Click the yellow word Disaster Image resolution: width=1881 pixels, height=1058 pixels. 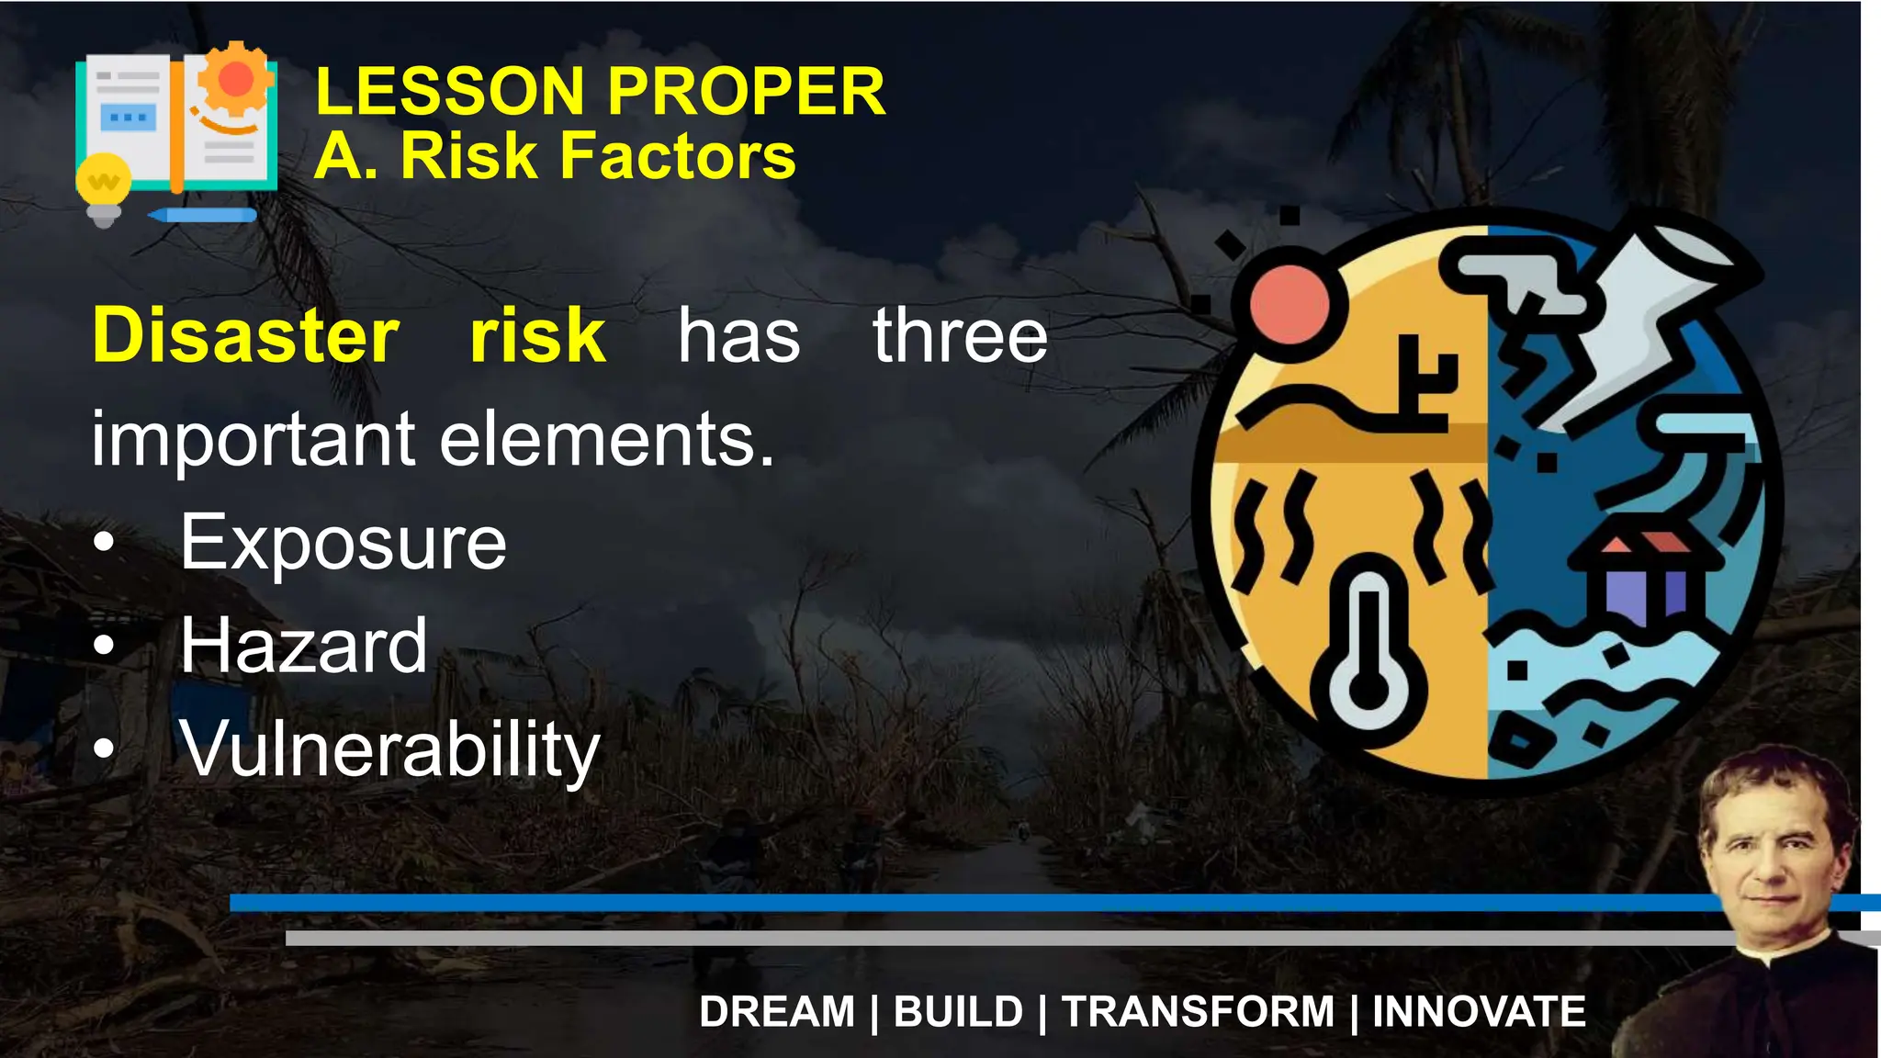245,335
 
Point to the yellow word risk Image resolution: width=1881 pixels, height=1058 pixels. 537,335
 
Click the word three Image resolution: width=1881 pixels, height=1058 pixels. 960,336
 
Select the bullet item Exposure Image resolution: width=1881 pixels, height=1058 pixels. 343,543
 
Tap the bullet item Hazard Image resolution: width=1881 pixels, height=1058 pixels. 303,646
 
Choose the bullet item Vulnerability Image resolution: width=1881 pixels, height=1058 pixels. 389,749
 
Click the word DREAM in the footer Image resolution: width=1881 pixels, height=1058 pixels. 777,1012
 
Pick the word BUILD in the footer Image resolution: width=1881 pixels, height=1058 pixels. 958,1012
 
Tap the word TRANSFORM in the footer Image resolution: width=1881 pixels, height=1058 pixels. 1198,1012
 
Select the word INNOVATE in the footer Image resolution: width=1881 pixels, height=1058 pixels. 1479,1012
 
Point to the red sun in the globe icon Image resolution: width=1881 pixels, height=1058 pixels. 1290,302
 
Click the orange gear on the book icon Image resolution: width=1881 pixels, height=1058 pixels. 236,80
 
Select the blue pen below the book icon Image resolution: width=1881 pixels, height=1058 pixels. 204,216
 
